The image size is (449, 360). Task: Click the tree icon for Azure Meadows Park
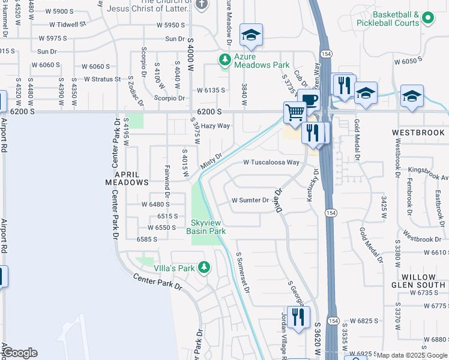[x=224, y=59]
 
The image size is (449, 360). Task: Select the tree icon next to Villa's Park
[x=204, y=267]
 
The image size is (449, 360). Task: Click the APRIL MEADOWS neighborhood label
[x=127, y=177]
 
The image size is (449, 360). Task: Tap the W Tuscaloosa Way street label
[x=271, y=163]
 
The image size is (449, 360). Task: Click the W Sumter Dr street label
[x=251, y=200]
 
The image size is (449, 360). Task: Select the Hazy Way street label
[x=215, y=126]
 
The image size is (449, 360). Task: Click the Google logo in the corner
[x=19, y=353]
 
